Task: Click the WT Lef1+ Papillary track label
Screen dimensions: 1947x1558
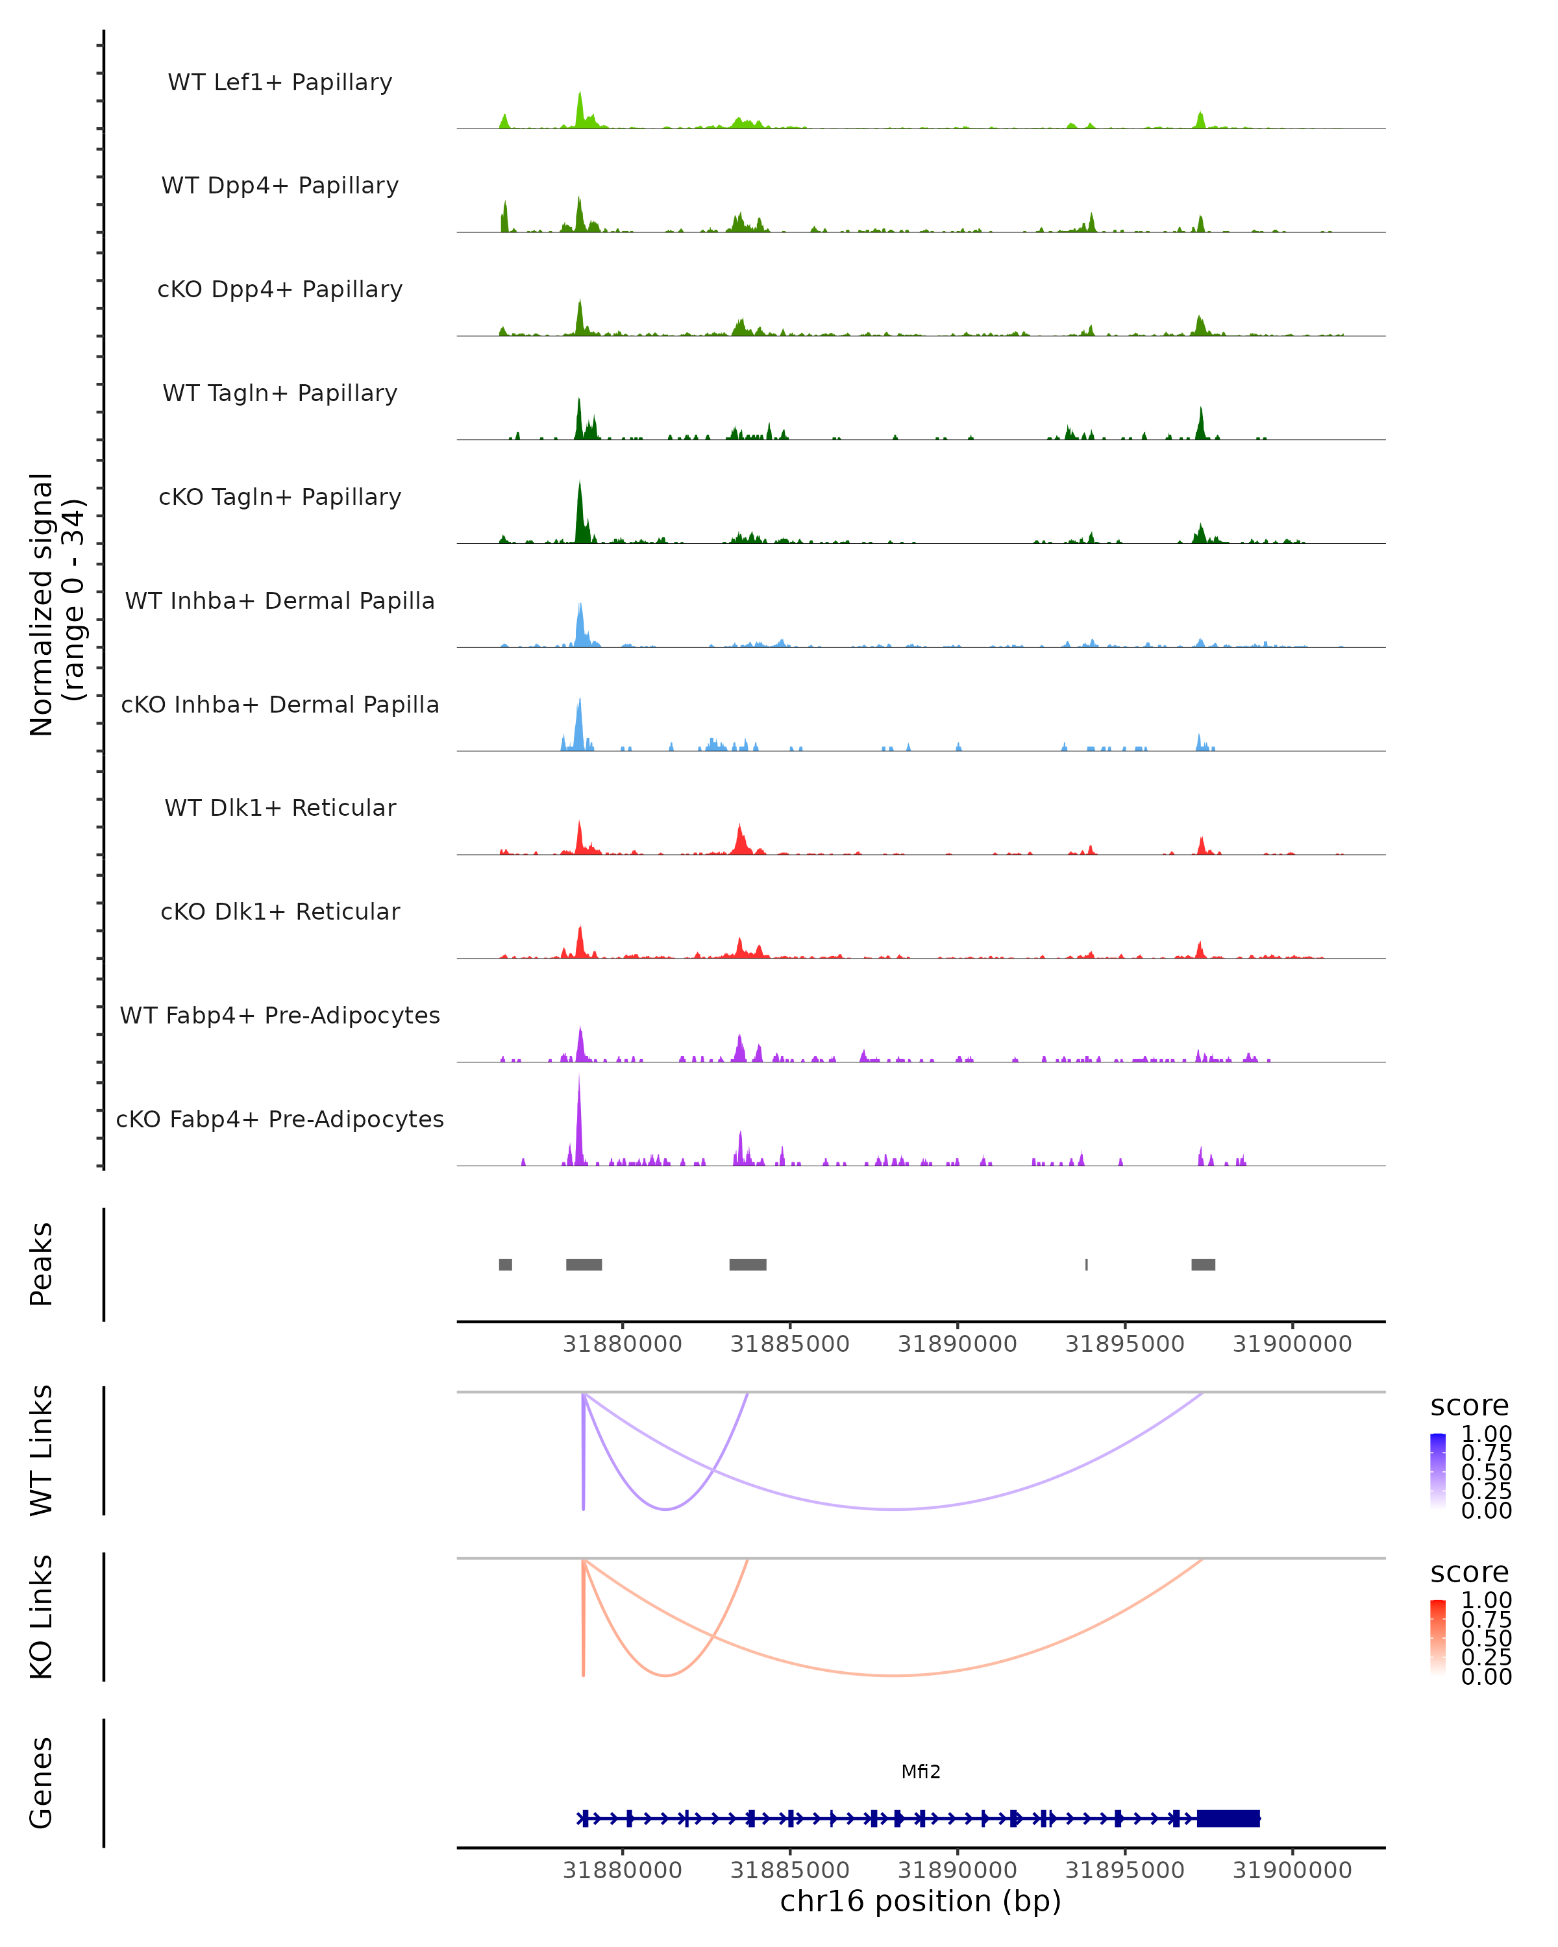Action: pyautogui.click(x=280, y=82)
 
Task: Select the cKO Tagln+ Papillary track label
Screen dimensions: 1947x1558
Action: pyautogui.click(x=280, y=496)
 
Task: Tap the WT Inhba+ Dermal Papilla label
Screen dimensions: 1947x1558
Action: pyautogui.click(x=280, y=600)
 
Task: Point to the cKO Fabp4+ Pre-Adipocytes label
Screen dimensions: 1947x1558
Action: pyautogui.click(x=280, y=1119)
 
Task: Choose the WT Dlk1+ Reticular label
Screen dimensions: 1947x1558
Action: pyautogui.click(x=280, y=807)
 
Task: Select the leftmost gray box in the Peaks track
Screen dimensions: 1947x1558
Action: pyautogui.click(x=506, y=1264)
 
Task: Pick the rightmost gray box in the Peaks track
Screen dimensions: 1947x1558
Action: pyautogui.click(x=1203, y=1264)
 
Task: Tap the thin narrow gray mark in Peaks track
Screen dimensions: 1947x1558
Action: pyautogui.click(x=1087, y=1264)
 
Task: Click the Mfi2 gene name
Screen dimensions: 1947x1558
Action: pyautogui.click(x=921, y=1772)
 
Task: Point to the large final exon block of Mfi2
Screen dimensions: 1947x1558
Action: pyautogui.click(x=1228, y=1818)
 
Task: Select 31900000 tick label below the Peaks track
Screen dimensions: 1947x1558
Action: pyautogui.click(x=1292, y=1344)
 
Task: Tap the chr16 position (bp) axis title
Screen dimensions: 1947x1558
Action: pyautogui.click(x=921, y=1901)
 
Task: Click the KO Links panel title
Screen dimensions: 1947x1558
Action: pyautogui.click(x=42, y=1617)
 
